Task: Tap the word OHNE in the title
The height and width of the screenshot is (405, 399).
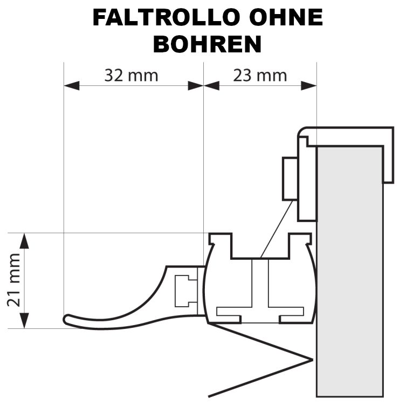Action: coord(286,18)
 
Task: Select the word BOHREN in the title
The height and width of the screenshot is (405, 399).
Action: coord(208,44)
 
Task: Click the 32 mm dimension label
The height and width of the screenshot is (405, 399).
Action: coord(131,76)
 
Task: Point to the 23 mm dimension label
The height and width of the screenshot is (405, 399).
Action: coord(260,76)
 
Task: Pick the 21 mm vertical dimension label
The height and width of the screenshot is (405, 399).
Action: coord(13,280)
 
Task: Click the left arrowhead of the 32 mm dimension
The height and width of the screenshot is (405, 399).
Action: coord(72,86)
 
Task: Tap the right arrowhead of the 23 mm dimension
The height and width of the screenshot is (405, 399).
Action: coord(309,86)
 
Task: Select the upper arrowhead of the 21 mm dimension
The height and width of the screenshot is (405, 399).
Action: coord(24,241)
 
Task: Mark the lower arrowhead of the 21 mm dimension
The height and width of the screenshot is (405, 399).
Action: coord(24,321)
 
